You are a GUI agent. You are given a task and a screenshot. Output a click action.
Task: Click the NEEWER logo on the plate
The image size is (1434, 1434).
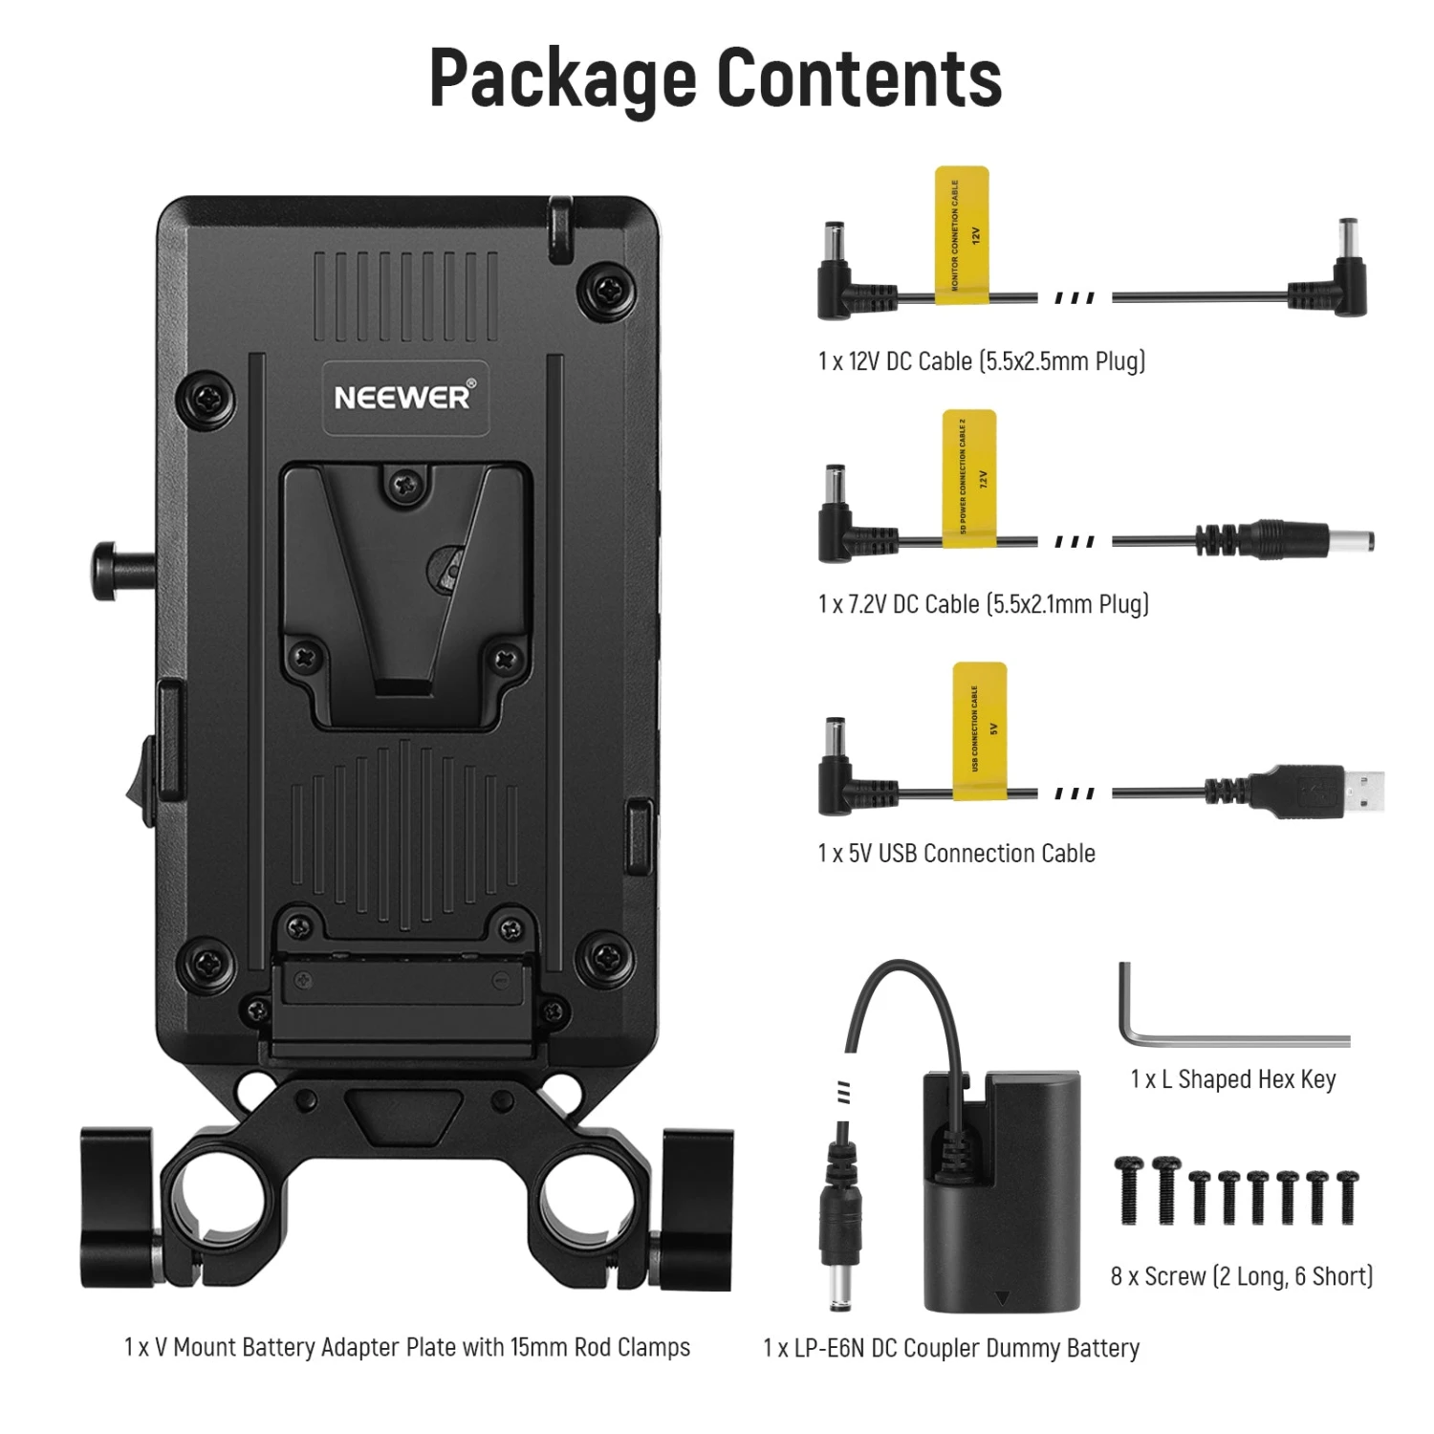coord(403,397)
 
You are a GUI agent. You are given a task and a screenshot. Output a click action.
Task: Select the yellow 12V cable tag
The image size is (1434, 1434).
coord(962,236)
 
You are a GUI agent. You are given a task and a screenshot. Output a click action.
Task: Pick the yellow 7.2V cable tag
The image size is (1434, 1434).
coord(969,478)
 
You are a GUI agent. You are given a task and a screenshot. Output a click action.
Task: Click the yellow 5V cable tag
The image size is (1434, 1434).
coord(980,728)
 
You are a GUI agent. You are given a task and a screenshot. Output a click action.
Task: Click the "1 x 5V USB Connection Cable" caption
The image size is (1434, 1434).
coord(956,853)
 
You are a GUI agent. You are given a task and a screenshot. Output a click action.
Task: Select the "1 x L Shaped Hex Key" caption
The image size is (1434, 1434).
coord(1232,1079)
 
